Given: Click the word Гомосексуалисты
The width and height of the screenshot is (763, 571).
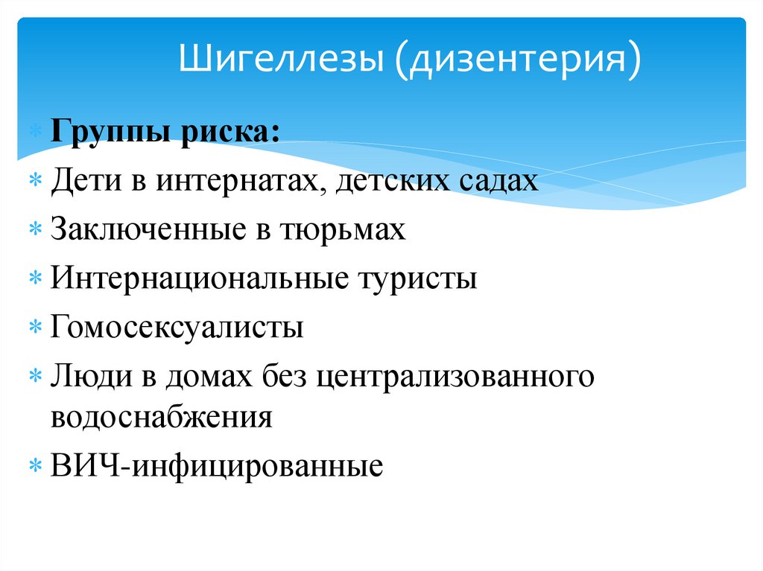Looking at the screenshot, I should pyautogui.click(x=177, y=328).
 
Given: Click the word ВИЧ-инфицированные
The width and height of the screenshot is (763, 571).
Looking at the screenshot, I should pyautogui.click(x=217, y=465).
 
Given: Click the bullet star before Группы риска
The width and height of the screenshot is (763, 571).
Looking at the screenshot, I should pyautogui.click(x=36, y=134).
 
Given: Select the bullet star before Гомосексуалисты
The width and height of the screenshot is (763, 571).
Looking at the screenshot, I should pyautogui.click(x=36, y=329).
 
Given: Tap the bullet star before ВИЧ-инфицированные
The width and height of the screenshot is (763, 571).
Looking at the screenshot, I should pyautogui.click(x=36, y=467).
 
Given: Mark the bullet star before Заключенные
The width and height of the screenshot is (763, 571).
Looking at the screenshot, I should pyautogui.click(x=36, y=230).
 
